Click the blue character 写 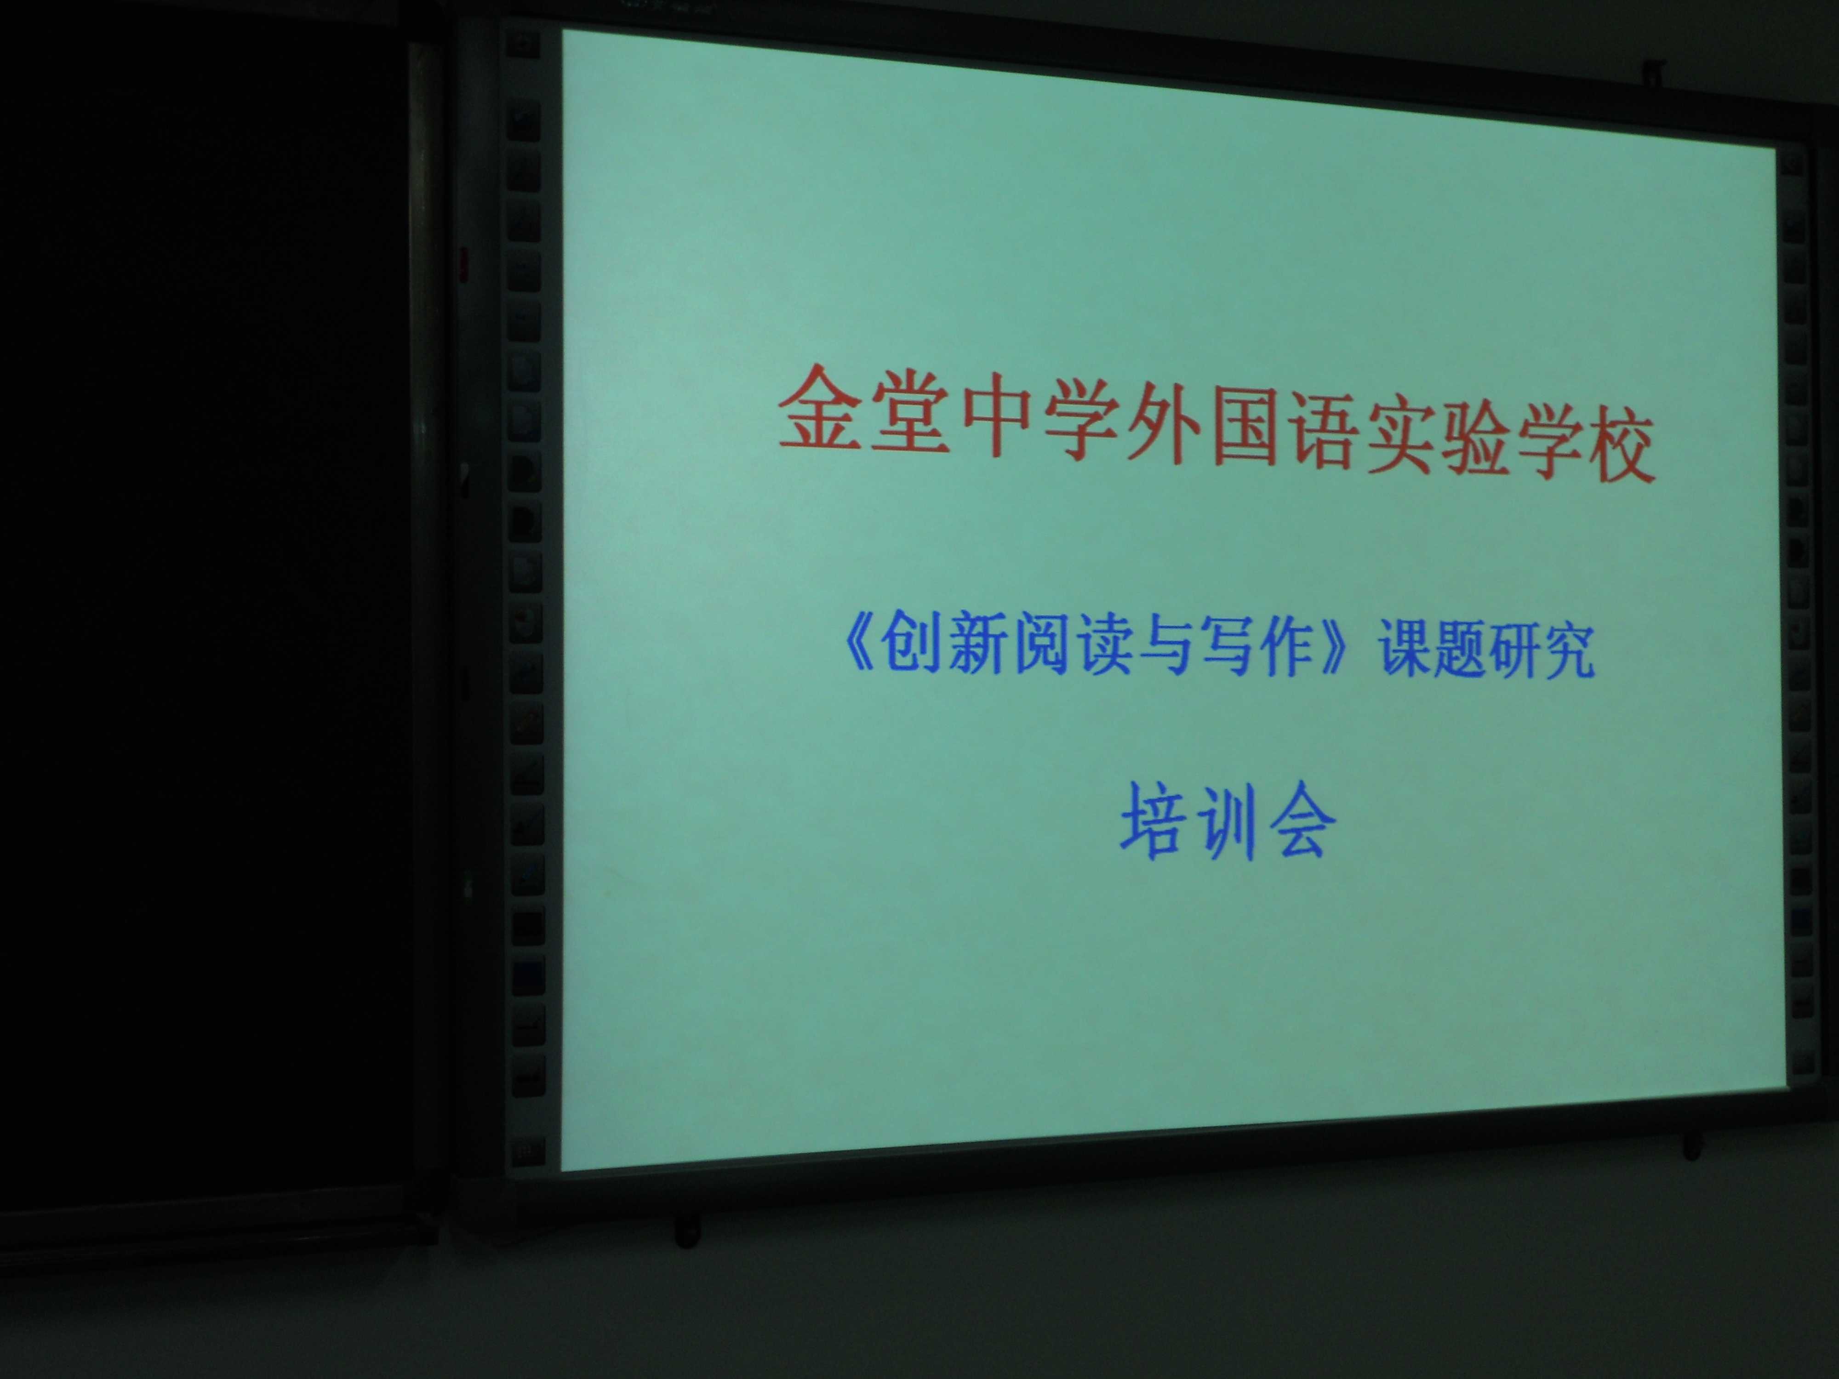[1234, 653]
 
